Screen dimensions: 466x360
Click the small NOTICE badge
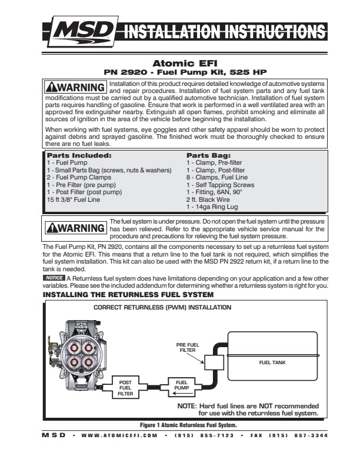[x=54, y=277]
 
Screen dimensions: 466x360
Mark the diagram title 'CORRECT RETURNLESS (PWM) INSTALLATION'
[x=163, y=307]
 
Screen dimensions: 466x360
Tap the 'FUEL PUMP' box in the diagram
[x=181, y=386]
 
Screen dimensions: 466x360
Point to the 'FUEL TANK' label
[x=272, y=362]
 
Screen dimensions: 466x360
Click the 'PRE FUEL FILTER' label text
[x=187, y=347]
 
